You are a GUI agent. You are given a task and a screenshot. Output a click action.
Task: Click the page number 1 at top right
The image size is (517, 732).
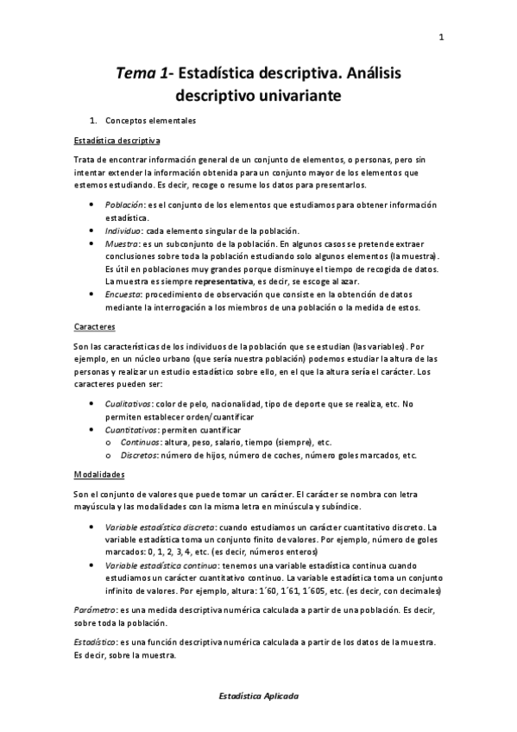[441, 36]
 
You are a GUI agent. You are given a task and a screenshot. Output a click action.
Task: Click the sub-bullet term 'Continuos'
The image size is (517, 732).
[141, 442]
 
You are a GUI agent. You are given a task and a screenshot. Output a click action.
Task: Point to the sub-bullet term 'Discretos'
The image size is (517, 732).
[140, 455]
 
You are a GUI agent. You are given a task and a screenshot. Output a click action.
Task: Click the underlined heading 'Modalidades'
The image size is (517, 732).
[99, 475]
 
